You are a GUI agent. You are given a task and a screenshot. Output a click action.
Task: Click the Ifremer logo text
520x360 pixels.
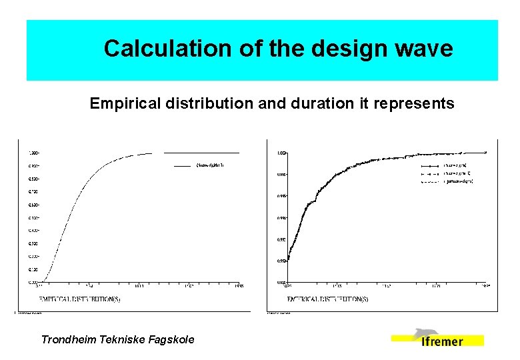coord(442,341)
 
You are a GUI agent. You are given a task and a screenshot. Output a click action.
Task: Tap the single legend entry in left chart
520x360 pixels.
coord(207,165)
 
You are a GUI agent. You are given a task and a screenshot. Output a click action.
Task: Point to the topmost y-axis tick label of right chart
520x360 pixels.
coord(282,153)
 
